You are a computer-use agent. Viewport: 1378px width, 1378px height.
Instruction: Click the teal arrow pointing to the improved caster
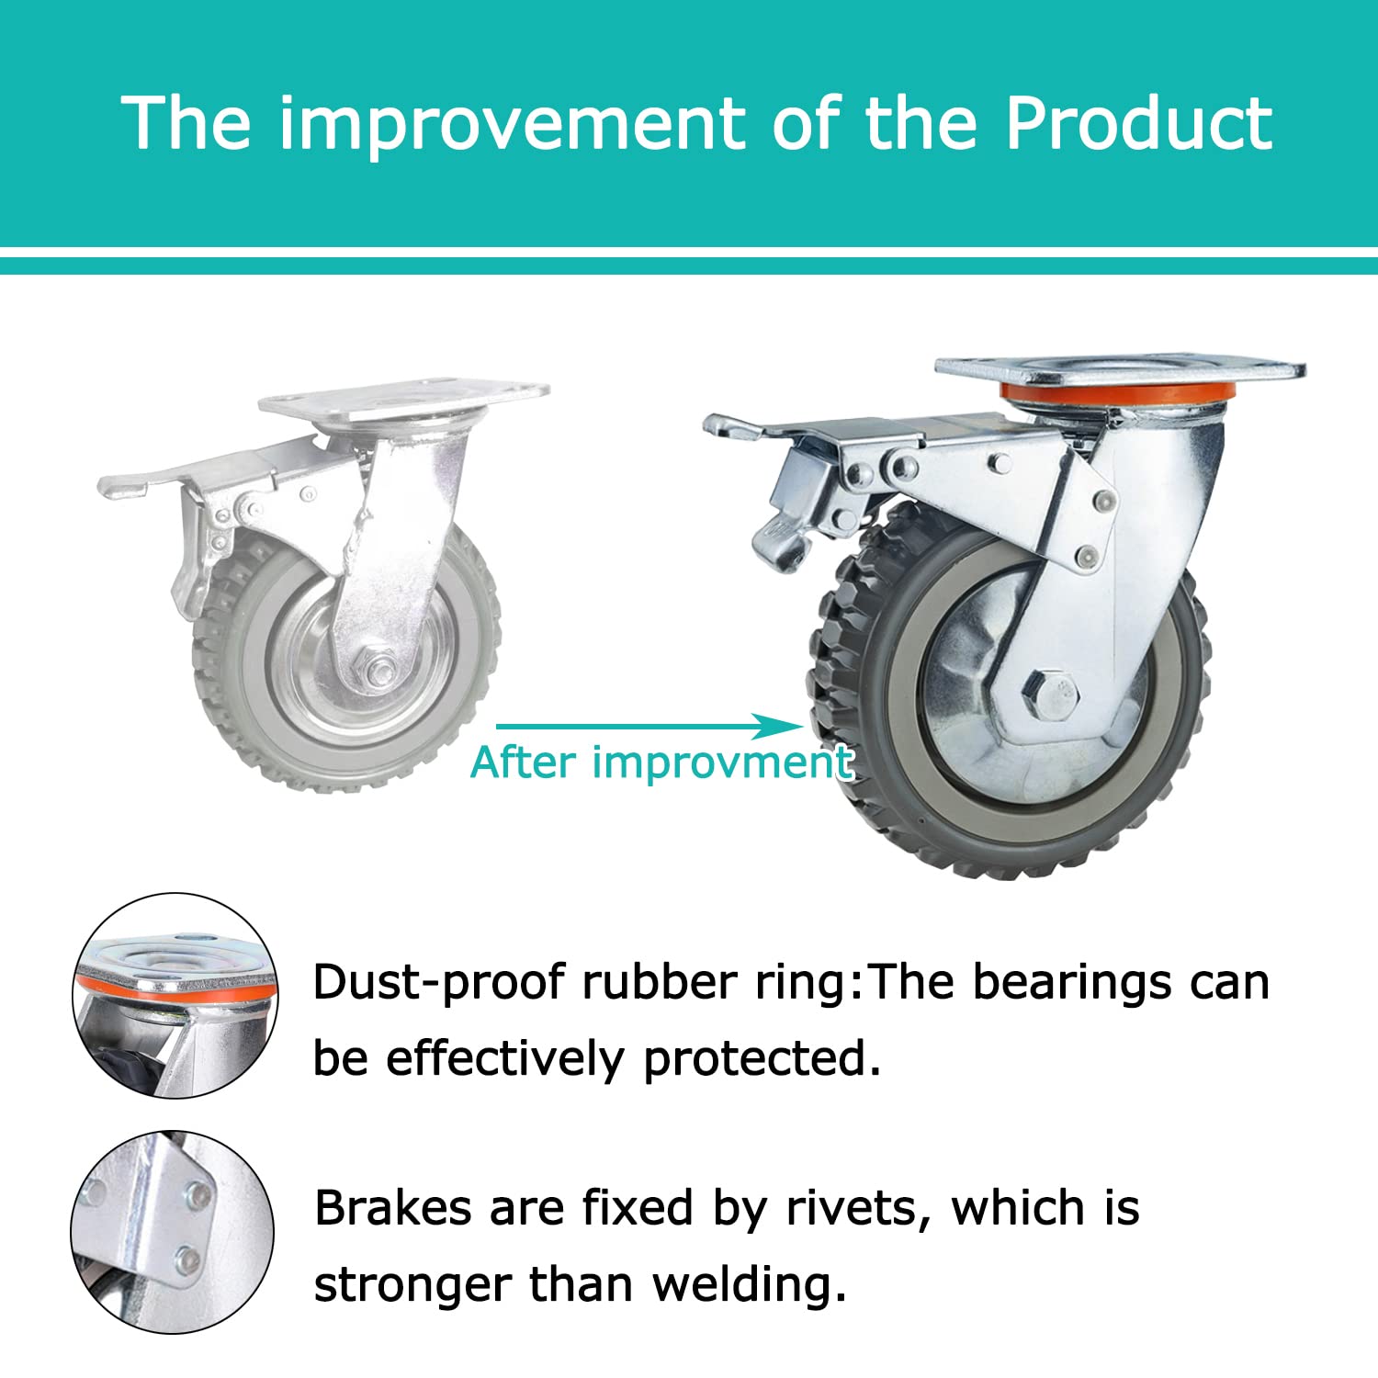[x=649, y=727]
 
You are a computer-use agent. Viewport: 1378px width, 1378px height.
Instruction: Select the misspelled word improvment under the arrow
[x=723, y=763]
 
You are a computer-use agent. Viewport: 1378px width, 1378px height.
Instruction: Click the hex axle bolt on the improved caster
[x=1052, y=694]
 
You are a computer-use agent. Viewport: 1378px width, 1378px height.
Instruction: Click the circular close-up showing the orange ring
[x=175, y=995]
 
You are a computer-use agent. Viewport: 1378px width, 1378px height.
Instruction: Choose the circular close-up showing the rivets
[x=173, y=1232]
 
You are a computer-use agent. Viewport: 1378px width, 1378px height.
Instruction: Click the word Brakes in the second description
[x=393, y=1208]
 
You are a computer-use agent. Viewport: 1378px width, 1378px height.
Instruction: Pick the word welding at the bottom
[x=750, y=1285]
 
